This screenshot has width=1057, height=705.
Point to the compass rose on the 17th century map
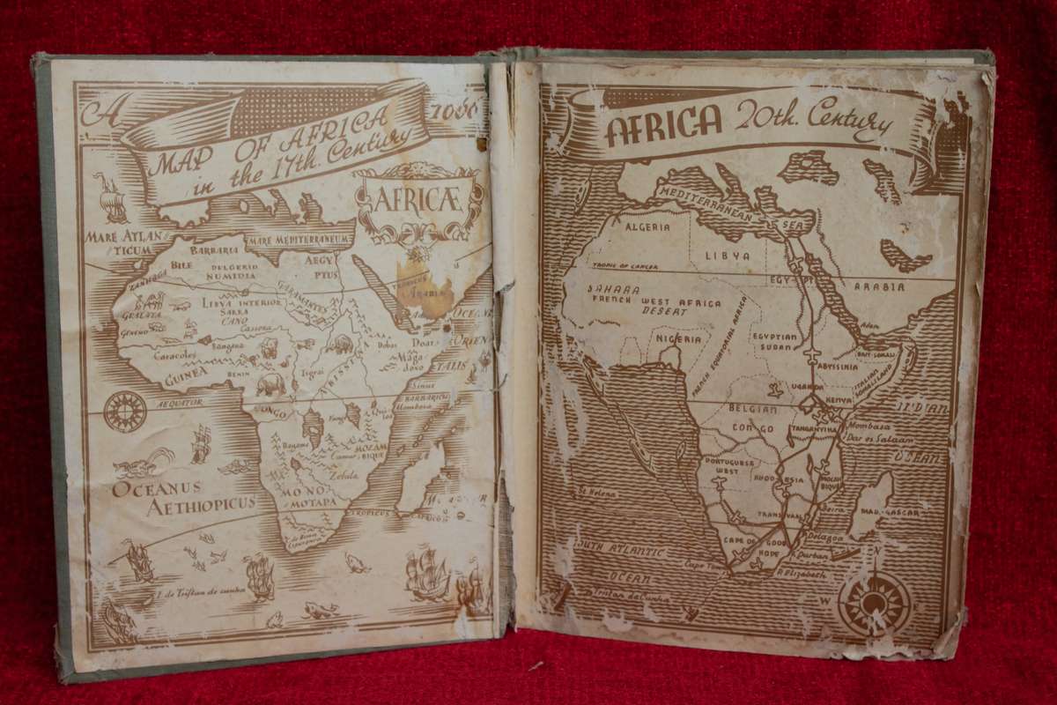pos(125,410)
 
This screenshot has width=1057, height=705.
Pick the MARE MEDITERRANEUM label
pos(299,239)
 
